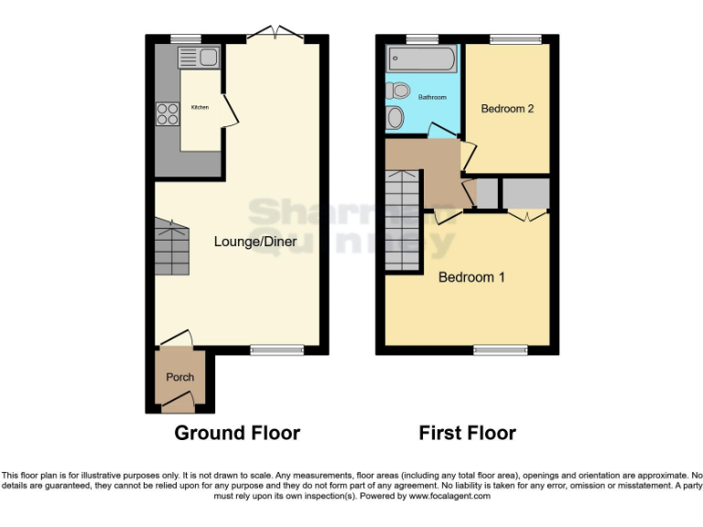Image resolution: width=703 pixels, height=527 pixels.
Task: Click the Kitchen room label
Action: (200, 108)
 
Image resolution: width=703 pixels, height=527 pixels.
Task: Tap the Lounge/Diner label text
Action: (252, 242)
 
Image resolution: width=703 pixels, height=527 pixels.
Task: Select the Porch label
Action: (179, 377)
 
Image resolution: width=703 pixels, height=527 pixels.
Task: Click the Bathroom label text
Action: (433, 97)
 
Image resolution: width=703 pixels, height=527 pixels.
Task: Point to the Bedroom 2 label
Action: (507, 109)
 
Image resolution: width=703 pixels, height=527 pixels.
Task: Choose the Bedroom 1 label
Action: (471, 276)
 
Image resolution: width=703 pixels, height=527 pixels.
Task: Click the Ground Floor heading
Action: (237, 433)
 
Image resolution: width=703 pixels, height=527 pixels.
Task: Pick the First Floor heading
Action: (467, 433)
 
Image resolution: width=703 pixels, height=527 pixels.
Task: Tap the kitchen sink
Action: (198, 58)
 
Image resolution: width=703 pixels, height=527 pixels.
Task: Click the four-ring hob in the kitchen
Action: (168, 113)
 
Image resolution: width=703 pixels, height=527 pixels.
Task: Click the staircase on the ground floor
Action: (172, 247)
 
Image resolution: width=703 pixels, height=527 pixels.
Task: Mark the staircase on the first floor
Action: (402, 219)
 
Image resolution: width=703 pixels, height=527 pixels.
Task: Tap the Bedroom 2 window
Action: (514, 38)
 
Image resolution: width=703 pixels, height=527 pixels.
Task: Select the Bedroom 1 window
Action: (500, 350)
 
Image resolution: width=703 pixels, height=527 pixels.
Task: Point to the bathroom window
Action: (422, 38)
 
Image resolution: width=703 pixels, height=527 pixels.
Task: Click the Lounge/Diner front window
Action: (277, 350)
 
